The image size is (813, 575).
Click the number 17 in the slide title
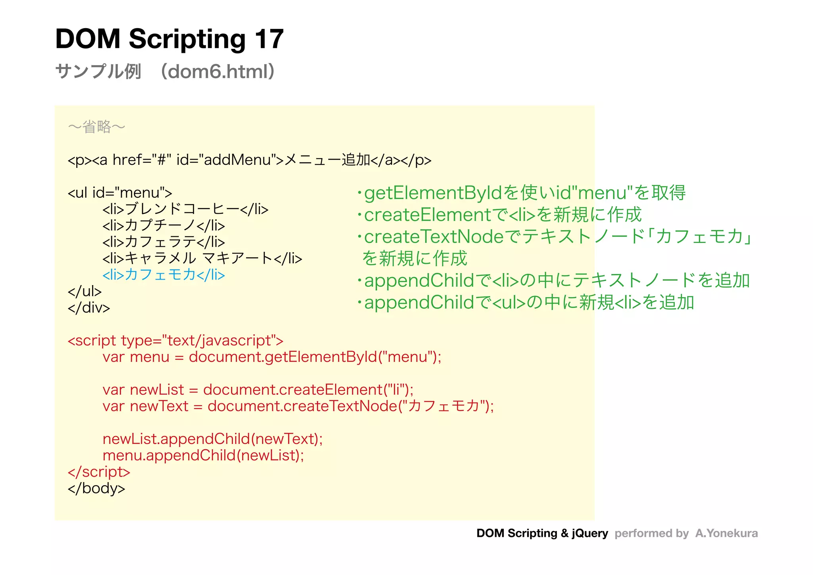click(x=269, y=39)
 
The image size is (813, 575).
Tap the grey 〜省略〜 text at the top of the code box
click(x=96, y=127)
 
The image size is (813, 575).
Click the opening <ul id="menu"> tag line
click(x=120, y=193)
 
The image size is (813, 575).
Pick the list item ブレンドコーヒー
click(x=185, y=209)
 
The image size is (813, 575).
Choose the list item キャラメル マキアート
click(x=202, y=259)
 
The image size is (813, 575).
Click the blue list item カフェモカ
click(x=163, y=275)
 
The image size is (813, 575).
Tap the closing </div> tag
click(x=89, y=308)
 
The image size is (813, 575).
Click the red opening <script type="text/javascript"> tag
click(x=175, y=341)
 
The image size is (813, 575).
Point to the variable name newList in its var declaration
click(x=157, y=390)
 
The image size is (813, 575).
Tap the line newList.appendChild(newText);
click(x=213, y=439)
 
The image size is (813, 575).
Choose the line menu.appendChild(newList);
click(x=203, y=455)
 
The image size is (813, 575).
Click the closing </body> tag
click(x=96, y=488)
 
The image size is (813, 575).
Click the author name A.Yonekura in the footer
click(x=726, y=533)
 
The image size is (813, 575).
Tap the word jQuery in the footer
click(x=590, y=533)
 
